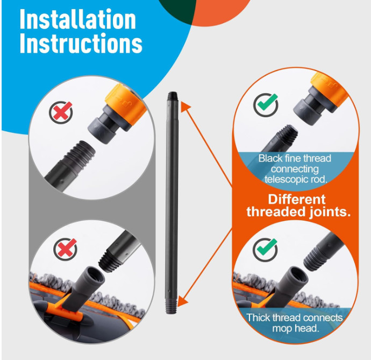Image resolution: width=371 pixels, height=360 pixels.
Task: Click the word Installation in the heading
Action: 77,19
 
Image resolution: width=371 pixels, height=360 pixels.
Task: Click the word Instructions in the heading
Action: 81,44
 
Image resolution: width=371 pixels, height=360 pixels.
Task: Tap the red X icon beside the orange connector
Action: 61,112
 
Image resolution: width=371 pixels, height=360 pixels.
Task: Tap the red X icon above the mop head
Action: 65,249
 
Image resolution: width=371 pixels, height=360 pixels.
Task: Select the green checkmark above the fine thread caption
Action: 266,105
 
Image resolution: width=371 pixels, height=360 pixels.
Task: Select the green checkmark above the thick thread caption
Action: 266,250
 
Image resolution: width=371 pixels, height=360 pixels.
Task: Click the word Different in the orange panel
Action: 297,200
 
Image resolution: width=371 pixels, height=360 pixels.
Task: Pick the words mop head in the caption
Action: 296,328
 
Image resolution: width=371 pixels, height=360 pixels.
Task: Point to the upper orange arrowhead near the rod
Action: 185,106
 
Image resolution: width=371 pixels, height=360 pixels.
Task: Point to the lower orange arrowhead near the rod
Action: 182,302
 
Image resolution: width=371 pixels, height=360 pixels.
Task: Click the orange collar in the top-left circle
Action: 126,103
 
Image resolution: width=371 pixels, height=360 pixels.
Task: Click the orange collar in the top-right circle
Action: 330,89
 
